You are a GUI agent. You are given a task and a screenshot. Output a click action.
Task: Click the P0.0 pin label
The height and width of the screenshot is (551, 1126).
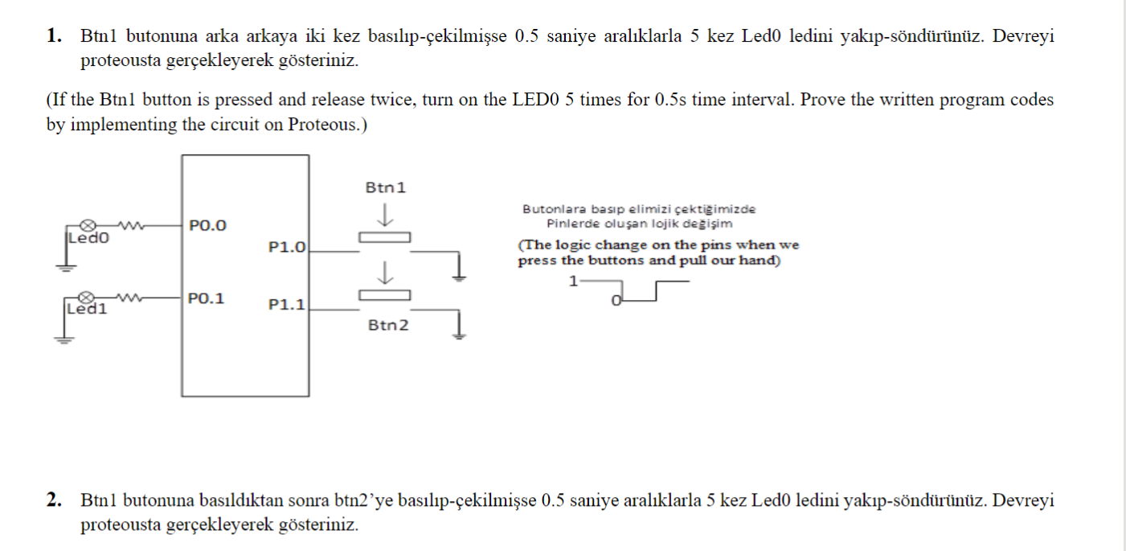(208, 225)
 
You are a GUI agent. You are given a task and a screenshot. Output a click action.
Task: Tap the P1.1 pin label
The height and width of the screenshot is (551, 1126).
(287, 305)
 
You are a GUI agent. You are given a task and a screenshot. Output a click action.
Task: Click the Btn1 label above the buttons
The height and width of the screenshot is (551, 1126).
(386, 187)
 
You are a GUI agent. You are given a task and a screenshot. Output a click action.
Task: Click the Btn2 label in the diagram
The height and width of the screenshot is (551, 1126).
(388, 325)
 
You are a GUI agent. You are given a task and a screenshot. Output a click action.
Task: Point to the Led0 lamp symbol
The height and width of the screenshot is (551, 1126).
(90, 224)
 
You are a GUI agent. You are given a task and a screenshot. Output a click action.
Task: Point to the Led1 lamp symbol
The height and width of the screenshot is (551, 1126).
(90, 298)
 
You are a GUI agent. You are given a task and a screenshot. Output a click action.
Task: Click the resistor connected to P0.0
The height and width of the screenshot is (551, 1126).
(129, 224)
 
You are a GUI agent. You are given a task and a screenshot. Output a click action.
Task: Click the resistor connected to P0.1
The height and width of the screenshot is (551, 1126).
(129, 298)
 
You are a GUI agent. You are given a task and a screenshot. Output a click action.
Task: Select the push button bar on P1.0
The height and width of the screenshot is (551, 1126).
(384, 236)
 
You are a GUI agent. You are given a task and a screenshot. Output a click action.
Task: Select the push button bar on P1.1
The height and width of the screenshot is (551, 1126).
(384, 294)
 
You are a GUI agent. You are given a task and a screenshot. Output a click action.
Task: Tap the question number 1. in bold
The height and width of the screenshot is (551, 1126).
(54, 36)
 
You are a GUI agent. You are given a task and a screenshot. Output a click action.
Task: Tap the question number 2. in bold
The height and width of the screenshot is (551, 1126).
(54, 501)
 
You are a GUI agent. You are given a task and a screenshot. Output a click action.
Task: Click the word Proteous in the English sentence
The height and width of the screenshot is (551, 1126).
(322, 125)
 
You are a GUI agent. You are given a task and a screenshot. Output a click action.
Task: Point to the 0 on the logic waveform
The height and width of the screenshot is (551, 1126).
(616, 301)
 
